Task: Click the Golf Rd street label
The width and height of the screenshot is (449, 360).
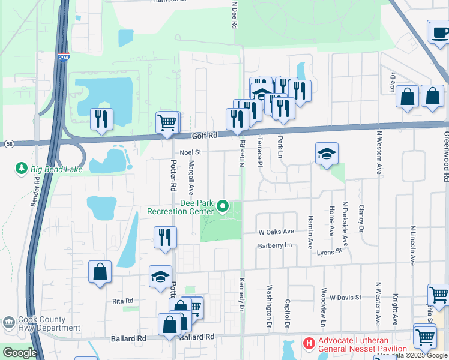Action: (203, 137)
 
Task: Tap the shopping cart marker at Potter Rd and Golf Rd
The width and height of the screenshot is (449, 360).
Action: (167, 122)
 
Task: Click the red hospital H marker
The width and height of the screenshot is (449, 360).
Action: (309, 344)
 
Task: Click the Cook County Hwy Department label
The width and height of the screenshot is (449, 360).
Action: (49, 324)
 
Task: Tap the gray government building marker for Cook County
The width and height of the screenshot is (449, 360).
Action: (8, 323)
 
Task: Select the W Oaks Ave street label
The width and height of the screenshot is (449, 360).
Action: (276, 232)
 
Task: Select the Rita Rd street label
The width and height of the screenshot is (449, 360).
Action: (122, 301)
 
